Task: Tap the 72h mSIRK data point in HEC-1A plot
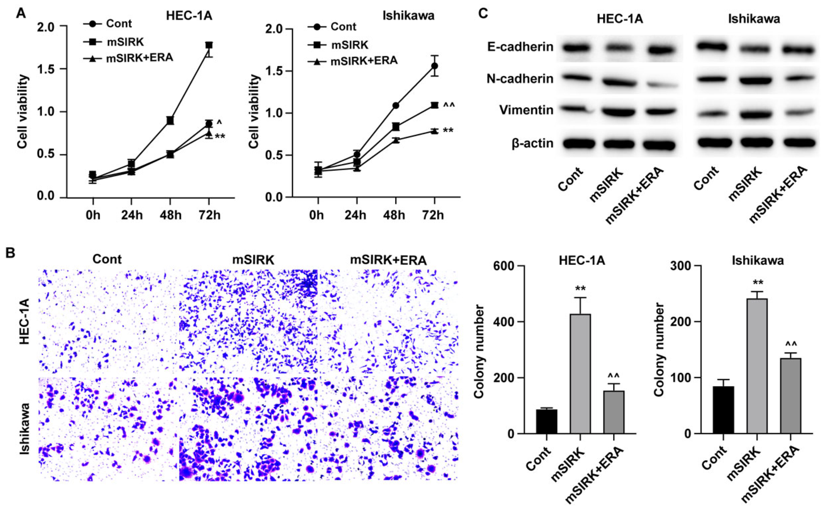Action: pyautogui.click(x=209, y=45)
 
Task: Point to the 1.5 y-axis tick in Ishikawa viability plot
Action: pyautogui.click(x=274, y=71)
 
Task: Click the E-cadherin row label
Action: pyautogui.click(x=520, y=47)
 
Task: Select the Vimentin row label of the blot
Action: pyautogui.click(x=526, y=110)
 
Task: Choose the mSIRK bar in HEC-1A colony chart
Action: pyautogui.click(x=580, y=373)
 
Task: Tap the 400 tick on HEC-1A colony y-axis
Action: pyautogui.click(x=501, y=321)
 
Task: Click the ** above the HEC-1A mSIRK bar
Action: pyautogui.click(x=580, y=288)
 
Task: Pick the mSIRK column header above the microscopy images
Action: pyautogui.click(x=253, y=260)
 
